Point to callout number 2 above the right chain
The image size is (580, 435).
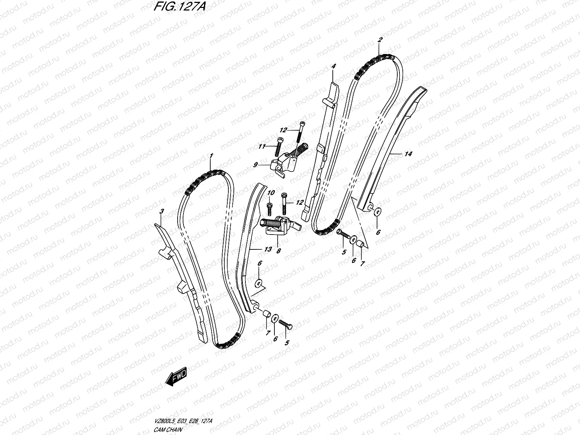click(x=380, y=41)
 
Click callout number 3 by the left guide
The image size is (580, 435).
click(x=162, y=211)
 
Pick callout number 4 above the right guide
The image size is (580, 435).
click(x=333, y=66)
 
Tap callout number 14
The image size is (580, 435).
click(x=408, y=154)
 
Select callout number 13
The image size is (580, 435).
click(x=268, y=249)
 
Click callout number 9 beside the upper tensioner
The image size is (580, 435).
click(x=255, y=165)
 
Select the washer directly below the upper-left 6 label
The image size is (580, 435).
click(x=259, y=282)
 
